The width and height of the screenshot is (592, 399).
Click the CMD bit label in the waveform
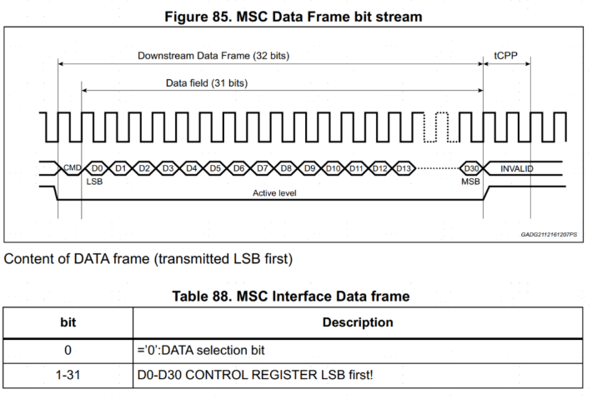(72, 168)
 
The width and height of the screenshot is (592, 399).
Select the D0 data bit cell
(96, 168)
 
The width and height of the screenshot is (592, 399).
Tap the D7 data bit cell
(262, 168)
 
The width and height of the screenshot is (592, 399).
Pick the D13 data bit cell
(404, 168)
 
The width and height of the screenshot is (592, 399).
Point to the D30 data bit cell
(471, 168)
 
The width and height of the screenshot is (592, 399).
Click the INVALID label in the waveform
(517, 168)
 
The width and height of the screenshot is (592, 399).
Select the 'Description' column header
(359, 322)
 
